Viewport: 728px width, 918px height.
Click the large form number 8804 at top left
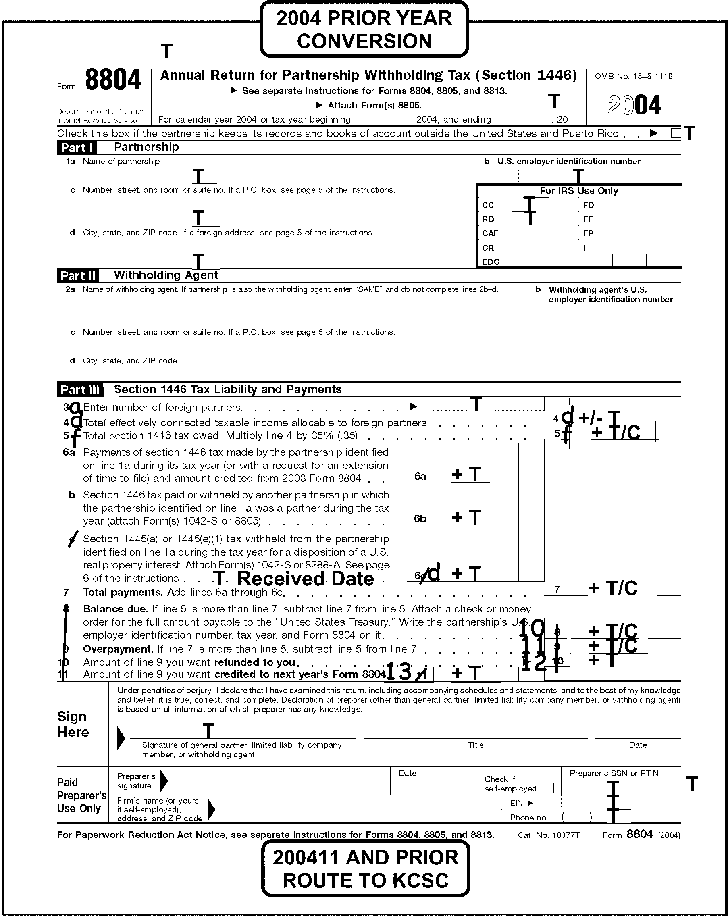click(113, 80)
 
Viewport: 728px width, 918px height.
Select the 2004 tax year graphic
click(634, 105)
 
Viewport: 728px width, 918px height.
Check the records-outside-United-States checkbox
click(675, 134)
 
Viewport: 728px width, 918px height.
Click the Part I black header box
click(77, 147)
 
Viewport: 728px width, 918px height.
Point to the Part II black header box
click(78, 275)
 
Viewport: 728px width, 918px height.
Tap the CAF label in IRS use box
click(490, 233)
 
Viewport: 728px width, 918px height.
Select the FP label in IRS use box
click(588, 233)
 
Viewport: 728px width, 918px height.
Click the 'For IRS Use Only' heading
click(578, 191)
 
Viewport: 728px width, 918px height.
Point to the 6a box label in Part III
click(420, 476)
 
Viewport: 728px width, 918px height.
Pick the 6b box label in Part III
click(420, 518)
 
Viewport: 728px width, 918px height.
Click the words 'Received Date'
click(305, 579)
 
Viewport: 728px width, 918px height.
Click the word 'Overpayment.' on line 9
click(118, 649)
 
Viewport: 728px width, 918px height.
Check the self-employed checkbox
click(549, 788)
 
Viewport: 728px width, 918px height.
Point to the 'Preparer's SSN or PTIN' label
click(614, 773)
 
